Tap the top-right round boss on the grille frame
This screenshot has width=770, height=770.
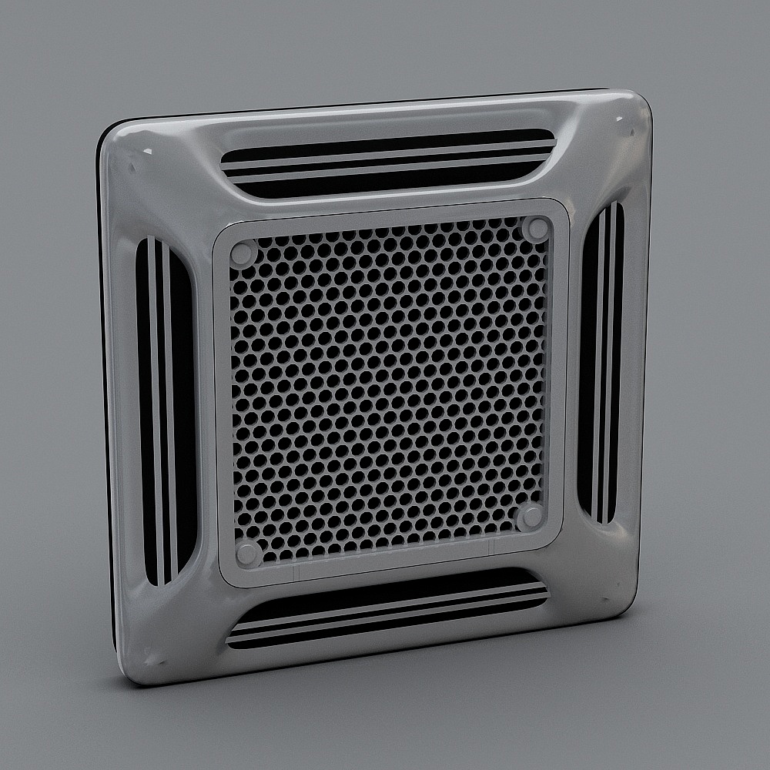537,229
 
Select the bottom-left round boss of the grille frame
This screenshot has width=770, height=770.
248,551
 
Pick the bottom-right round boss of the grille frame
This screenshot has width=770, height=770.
530,517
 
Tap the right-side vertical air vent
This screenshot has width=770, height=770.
601,362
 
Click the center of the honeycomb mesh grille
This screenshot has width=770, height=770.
389,389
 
